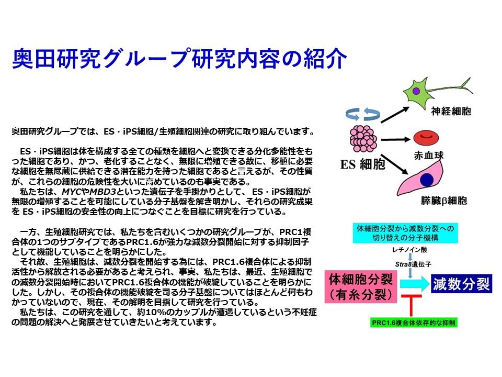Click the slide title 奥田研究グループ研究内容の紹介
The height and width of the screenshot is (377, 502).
179,59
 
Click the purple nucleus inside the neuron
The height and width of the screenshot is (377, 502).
416,91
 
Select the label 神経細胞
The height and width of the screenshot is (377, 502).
451,111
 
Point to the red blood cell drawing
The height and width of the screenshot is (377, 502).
426,138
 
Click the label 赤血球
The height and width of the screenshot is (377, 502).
429,156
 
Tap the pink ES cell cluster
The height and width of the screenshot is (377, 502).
363,138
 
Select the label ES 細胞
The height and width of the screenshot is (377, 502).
362,164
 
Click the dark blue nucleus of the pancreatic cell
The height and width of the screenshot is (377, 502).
427,180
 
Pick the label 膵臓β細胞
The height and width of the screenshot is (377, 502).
444,201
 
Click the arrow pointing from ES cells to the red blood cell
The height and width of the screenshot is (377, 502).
395,139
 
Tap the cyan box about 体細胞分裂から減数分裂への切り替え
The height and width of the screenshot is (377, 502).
405,233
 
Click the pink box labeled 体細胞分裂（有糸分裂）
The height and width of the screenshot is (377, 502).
361,286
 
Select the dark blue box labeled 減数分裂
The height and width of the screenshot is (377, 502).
461,284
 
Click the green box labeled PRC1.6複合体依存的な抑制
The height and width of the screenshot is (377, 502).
414,323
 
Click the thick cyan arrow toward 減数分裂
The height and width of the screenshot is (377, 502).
414,284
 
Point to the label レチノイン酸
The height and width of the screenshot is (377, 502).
410,250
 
